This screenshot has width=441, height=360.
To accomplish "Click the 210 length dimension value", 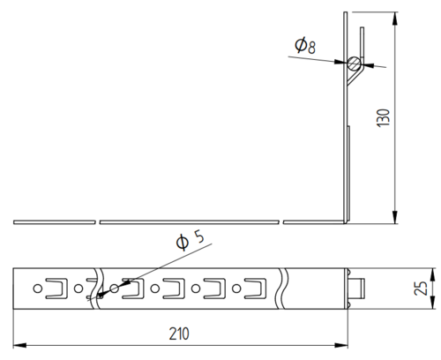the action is [179, 334].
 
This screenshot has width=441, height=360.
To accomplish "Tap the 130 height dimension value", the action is [383, 118].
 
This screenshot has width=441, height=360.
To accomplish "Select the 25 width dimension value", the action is [421, 289].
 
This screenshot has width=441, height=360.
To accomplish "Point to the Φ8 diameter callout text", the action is [305, 46].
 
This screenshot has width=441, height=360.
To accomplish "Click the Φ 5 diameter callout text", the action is [190, 240].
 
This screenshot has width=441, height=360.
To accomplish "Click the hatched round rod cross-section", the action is [354, 64].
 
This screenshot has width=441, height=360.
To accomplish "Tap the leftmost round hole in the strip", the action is [37, 289].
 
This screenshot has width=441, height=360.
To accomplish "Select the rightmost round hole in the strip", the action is [236, 289].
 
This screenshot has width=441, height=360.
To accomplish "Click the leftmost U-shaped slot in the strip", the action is [56, 289].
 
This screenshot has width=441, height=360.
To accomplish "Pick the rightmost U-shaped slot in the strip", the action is [256, 289].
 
